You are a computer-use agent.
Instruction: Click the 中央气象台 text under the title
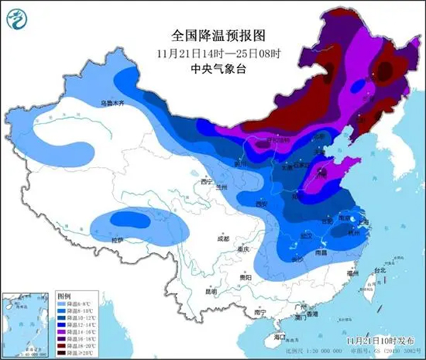pyautogui.click(x=212, y=68)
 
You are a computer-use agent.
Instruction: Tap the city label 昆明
pyautogui.click(x=210, y=291)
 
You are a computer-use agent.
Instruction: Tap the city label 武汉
pyautogui.click(x=306, y=234)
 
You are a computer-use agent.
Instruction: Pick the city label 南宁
pyautogui.click(x=261, y=312)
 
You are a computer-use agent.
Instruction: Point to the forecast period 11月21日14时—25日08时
pyautogui.click(x=212, y=53)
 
